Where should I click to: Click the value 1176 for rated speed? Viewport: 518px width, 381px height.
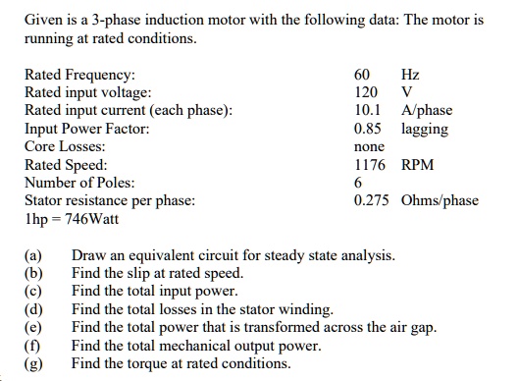[x=371, y=165]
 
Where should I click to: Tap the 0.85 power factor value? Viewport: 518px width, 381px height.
[x=368, y=129]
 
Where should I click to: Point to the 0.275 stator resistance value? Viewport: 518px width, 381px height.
[x=374, y=200]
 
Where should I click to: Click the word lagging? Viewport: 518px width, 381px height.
[x=425, y=129]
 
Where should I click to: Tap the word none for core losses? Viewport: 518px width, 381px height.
[x=368, y=147]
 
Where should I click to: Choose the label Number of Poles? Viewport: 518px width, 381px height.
[x=79, y=183]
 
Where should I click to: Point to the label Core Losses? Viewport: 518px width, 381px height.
[x=64, y=147]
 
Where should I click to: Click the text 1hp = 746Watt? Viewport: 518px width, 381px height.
[x=71, y=218]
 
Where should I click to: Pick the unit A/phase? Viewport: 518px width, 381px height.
[x=426, y=111]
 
